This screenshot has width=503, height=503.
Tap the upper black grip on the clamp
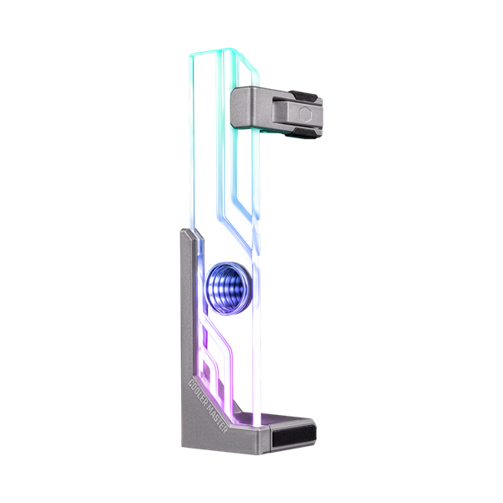pos(304,90)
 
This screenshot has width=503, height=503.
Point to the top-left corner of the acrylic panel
pos(190,52)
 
